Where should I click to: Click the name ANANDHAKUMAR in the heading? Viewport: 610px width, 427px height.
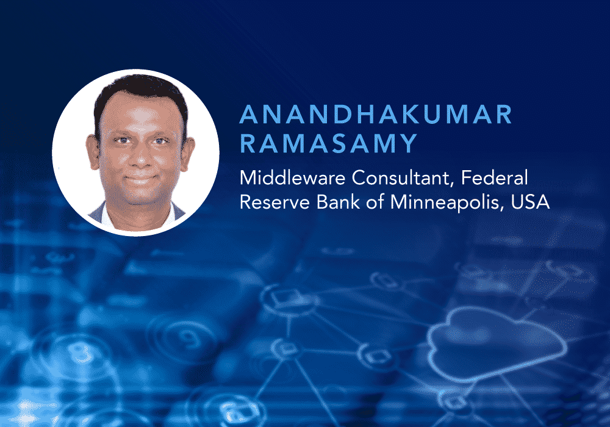pyautogui.click(x=375, y=114)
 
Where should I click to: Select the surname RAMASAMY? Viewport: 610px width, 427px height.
pyautogui.click(x=329, y=143)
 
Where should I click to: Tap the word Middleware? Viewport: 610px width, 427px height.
pyautogui.click(x=293, y=178)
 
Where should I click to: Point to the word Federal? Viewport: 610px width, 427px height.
pyautogui.click(x=495, y=178)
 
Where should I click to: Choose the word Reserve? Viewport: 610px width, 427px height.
pyautogui.click(x=274, y=203)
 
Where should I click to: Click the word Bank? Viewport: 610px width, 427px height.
pyautogui.click(x=338, y=202)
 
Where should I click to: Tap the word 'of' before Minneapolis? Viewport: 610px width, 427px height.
pyautogui.click(x=375, y=202)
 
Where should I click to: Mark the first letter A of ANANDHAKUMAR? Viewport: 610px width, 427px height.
pyautogui.click(x=249, y=114)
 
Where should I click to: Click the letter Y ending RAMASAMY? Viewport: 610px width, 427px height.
pyautogui.click(x=408, y=143)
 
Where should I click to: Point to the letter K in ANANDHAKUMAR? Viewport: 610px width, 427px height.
pyautogui.click(x=404, y=114)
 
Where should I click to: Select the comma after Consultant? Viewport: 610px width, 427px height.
pyautogui.click(x=451, y=185)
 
